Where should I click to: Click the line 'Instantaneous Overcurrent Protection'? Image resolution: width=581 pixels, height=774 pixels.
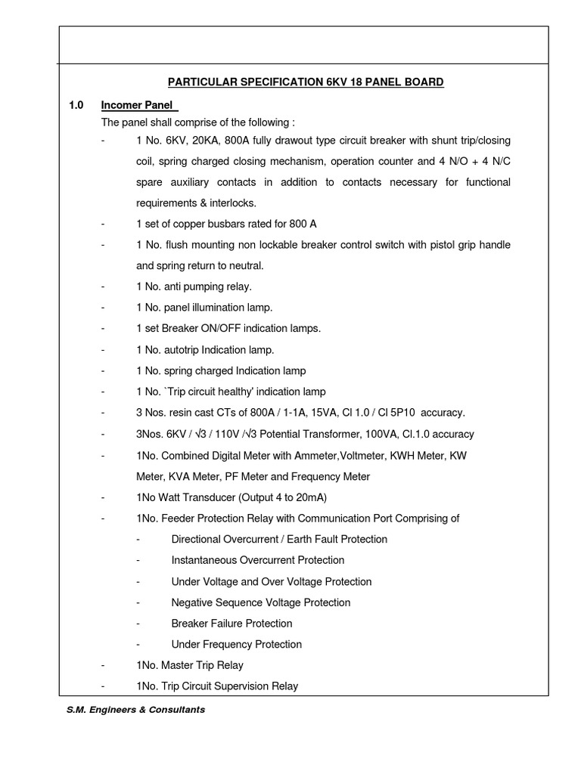[258, 560]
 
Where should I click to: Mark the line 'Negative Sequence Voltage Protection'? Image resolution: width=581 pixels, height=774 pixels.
[261, 602]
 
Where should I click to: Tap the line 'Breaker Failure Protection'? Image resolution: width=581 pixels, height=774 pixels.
[231, 624]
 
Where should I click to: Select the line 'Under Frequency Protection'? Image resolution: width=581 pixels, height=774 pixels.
[236, 645]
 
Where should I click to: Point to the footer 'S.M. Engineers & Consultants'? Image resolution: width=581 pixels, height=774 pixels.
[135, 710]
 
